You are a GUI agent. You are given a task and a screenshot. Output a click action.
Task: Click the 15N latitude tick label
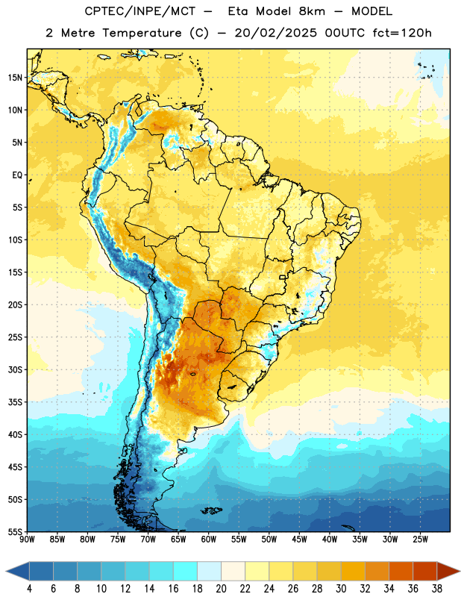click(x=14, y=78)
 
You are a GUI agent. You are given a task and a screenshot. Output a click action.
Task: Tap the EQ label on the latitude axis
click(x=17, y=175)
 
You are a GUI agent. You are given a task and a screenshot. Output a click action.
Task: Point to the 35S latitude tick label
click(x=14, y=402)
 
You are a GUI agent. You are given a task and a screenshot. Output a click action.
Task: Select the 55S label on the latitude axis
click(x=14, y=531)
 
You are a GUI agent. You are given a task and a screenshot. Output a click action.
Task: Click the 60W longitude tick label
click(x=209, y=540)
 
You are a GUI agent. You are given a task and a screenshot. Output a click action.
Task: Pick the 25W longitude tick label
click(x=420, y=540)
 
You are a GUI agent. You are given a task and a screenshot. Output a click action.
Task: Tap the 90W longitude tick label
click(x=27, y=540)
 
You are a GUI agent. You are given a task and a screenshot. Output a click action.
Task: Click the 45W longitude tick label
click(x=299, y=540)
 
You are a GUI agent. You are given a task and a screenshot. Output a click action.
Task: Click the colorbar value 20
click(x=221, y=589)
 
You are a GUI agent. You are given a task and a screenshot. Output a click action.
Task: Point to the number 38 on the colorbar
click(x=437, y=589)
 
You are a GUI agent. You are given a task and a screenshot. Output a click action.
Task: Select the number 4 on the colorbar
click(x=29, y=589)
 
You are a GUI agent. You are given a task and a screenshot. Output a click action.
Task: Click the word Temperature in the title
click(x=142, y=33)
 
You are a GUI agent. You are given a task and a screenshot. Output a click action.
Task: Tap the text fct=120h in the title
click(x=402, y=33)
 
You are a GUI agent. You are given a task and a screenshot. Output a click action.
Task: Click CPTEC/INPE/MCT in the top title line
click(x=140, y=11)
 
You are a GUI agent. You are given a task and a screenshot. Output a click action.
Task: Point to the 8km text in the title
click(x=312, y=11)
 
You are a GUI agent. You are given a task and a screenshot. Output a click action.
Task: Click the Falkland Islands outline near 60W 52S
click(x=211, y=510)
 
